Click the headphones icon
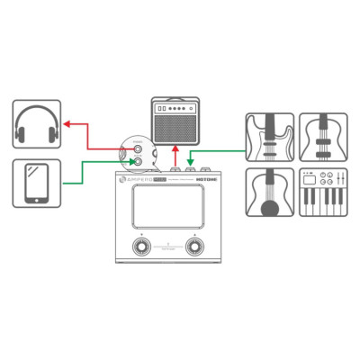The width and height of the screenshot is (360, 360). point(37,126)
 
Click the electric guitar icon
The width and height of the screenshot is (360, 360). point(270,137)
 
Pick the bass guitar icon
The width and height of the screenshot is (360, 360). point(322,137)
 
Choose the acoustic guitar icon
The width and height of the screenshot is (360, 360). point(270,192)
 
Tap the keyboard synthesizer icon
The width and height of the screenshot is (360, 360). point(322,192)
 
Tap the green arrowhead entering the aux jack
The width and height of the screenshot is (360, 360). point(132,163)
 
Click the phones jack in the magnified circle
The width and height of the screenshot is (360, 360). point(138,149)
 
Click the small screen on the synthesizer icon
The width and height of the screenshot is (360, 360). point(309,175)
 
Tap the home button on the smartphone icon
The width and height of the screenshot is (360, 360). point(37,200)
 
